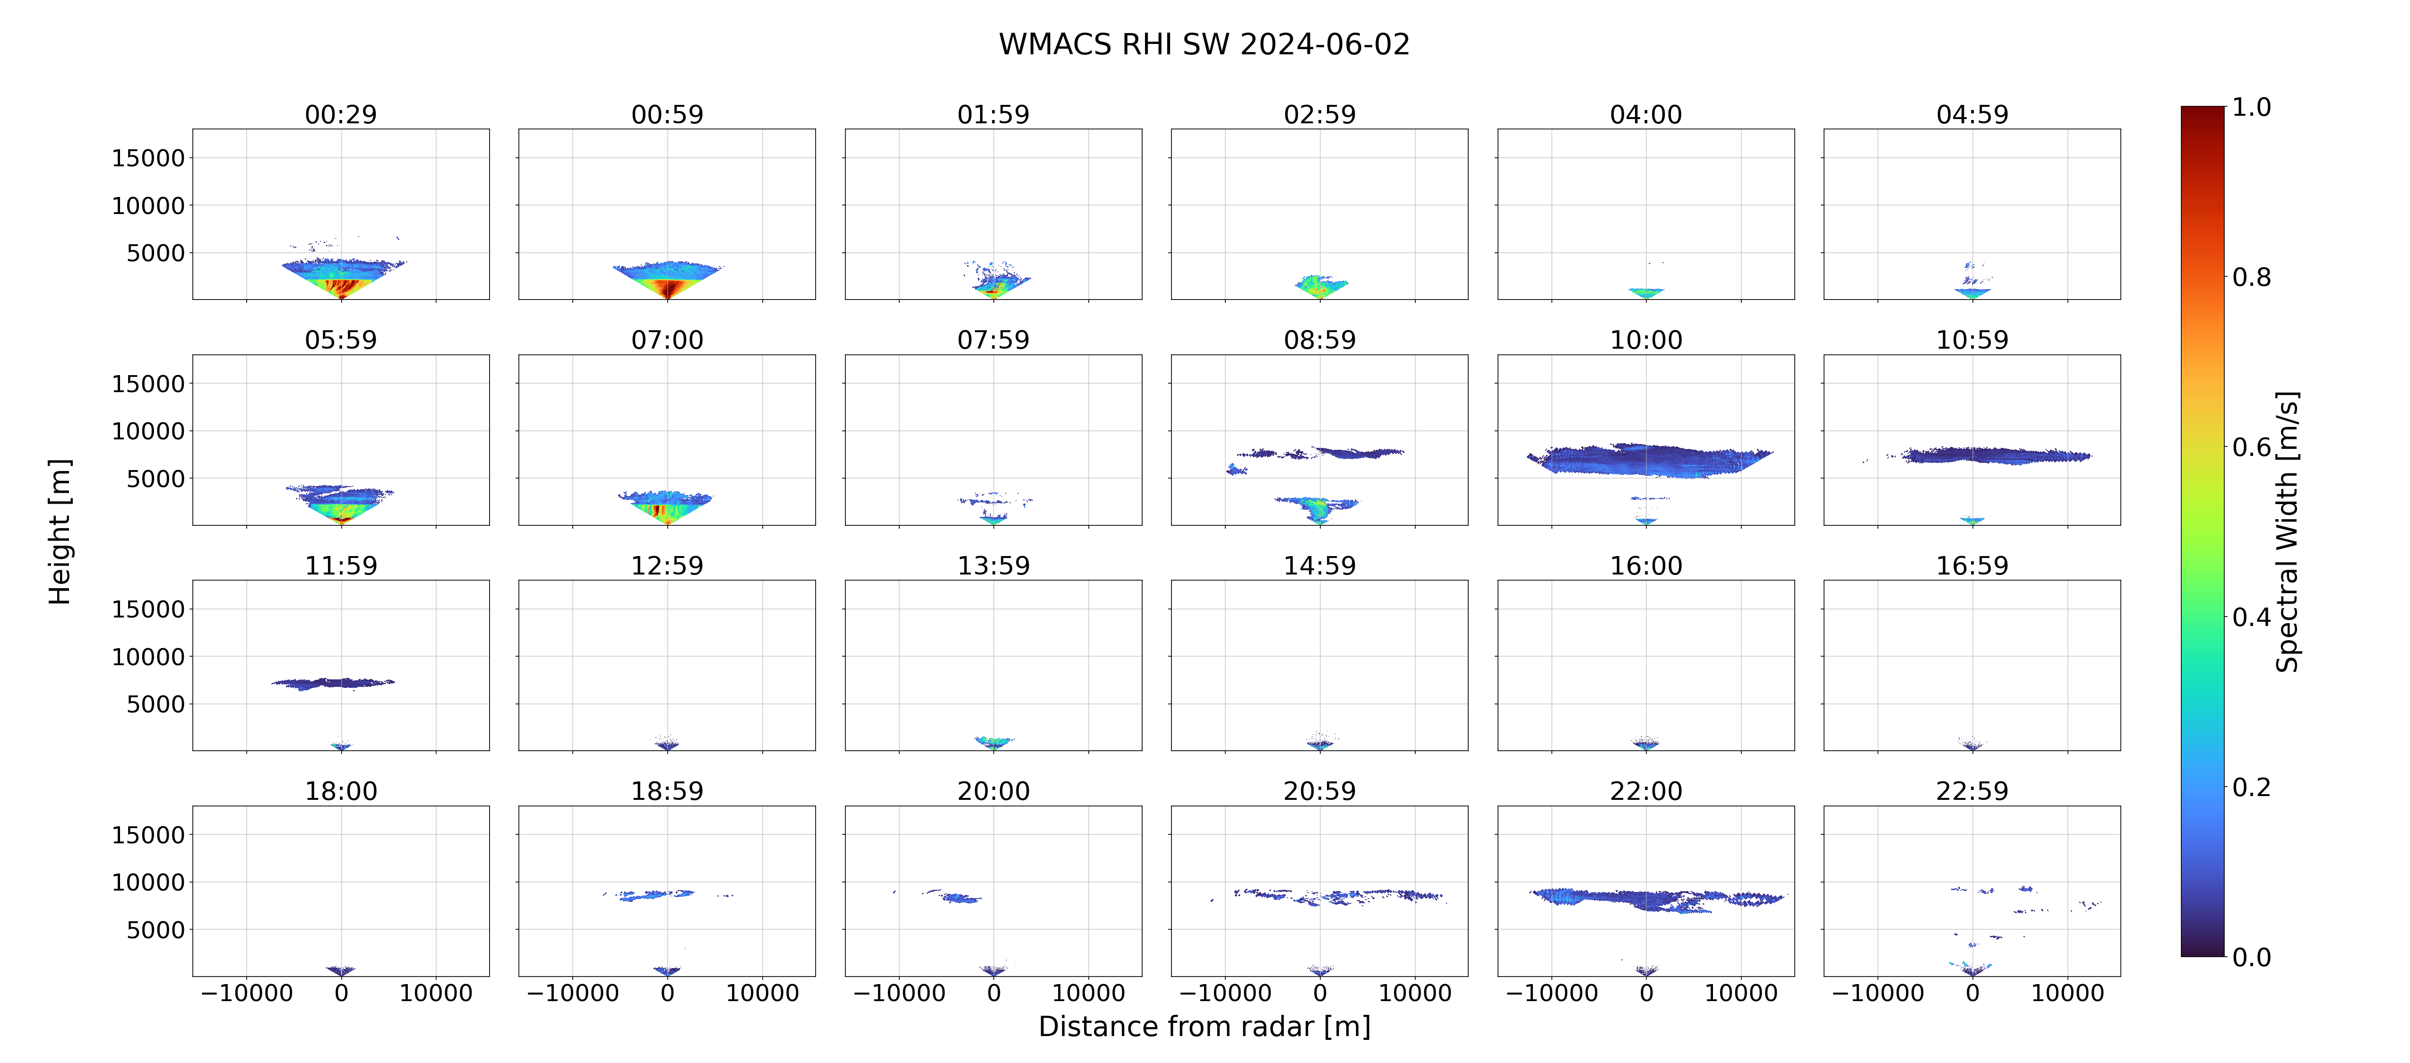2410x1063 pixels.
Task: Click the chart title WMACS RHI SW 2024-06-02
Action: pos(1204,44)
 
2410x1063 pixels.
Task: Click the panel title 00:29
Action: pos(341,114)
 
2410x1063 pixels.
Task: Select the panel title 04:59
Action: pos(1972,114)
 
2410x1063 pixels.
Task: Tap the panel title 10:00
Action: pos(1645,340)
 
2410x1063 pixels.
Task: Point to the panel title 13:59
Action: pos(994,565)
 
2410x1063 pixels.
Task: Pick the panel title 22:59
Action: pos(1972,791)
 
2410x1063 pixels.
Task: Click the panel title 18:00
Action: pos(341,791)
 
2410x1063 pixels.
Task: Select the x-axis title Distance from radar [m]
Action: pos(1204,1027)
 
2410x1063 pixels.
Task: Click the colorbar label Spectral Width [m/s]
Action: pos(2287,531)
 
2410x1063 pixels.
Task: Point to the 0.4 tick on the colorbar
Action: pos(2251,617)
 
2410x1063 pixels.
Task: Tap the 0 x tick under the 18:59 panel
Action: pos(667,993)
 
